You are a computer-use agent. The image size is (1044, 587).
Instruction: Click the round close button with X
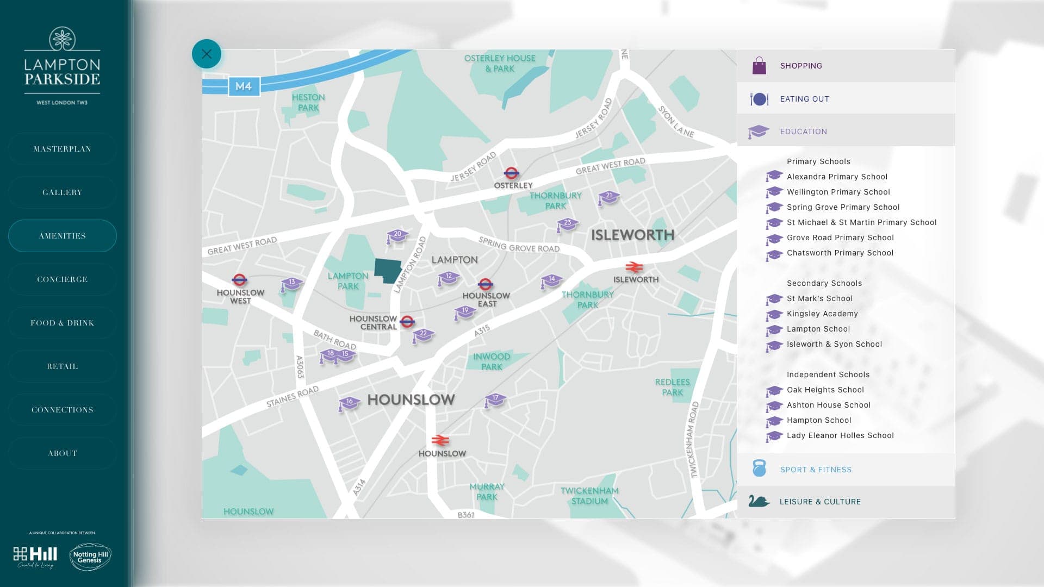pos(207,54)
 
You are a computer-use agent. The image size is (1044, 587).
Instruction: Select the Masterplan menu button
pos(63,149)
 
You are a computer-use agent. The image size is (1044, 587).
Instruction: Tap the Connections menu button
pos(63,410)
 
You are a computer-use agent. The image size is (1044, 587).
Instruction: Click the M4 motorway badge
pos(244,86)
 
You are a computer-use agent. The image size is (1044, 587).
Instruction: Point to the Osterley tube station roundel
pos(511,173)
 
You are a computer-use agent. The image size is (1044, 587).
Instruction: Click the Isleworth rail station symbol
pos(634,267)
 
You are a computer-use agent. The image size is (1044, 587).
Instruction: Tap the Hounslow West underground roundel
pos(239,280)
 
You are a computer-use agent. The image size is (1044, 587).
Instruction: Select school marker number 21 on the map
pos(609,197)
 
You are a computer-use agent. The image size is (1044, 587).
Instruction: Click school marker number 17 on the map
pos(495,399)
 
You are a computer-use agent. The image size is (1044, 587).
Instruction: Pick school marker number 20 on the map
pos(397,235)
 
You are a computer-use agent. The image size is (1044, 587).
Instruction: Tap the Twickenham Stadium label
pos(589,496)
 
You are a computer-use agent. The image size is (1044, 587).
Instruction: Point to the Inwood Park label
pos(492,361)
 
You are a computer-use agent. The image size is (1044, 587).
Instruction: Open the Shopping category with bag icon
pos(800,66)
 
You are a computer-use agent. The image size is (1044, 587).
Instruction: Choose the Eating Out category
pos(804,99)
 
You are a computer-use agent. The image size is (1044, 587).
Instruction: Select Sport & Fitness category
pos(816,470)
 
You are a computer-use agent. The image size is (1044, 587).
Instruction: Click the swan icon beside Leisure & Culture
pos(759,501)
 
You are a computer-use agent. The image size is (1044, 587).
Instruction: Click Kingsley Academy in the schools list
pos(822,314)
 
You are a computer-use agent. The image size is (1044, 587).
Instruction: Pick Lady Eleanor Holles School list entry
pos(840,435)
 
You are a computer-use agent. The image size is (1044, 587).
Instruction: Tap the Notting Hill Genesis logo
pos(90,557)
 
